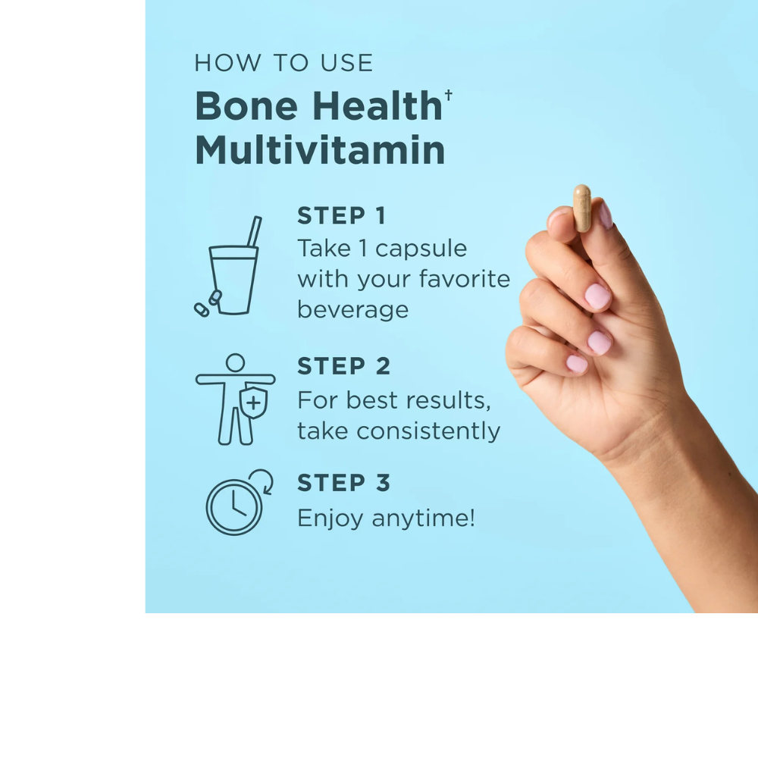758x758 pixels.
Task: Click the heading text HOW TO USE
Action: click(x=283, y=63)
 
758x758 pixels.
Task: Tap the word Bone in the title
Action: click(x=246, y=106)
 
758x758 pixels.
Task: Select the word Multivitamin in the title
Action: click(x=320, y=150)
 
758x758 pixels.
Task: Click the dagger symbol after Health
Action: click(x=449, y=94)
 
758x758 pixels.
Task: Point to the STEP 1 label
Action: click(x=341, y=215)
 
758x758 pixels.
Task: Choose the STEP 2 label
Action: click(x=343, y=366)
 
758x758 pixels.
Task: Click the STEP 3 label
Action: click(x=343, y=483)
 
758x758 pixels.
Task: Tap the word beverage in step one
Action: click(x=353, y=309)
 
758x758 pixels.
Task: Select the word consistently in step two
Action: click(x=428, y=431)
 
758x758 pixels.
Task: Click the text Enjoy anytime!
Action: click(x=387, y=518)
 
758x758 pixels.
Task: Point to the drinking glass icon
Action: click(x=233, y=280)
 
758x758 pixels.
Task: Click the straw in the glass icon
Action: click(x=254, y=231)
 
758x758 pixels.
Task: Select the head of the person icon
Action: click(x=236, y=363)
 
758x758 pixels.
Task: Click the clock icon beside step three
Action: click(x=234, y=507)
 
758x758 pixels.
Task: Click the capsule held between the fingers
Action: click(x=582, y=208)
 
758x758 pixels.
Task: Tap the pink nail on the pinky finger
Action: click(x=577, y=364)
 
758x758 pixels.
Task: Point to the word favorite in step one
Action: click(x=464, y=279)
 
